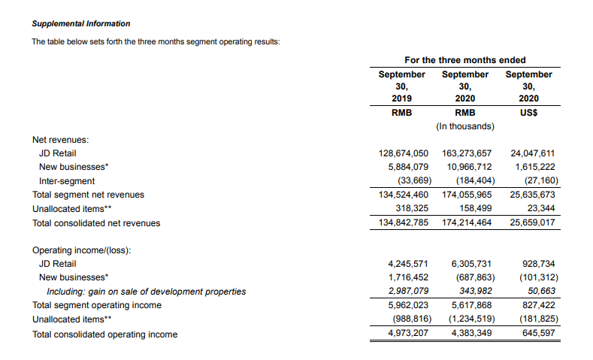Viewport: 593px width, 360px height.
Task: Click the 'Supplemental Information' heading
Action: point(81,24)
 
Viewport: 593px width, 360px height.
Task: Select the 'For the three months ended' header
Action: point(464,60)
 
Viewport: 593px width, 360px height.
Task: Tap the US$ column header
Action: point(528,113)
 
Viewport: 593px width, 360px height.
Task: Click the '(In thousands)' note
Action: point(464,126)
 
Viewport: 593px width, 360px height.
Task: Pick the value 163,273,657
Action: point(466,153)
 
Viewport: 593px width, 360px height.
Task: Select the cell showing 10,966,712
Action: point(469,167)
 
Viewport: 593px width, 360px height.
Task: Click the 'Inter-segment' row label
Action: point(67,181)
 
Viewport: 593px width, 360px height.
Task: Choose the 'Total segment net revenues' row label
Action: point(88,195)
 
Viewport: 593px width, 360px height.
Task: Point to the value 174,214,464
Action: point(466,223)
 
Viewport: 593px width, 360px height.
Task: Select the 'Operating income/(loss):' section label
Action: point(82,250)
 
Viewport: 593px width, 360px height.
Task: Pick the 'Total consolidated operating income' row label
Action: point(105,334)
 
